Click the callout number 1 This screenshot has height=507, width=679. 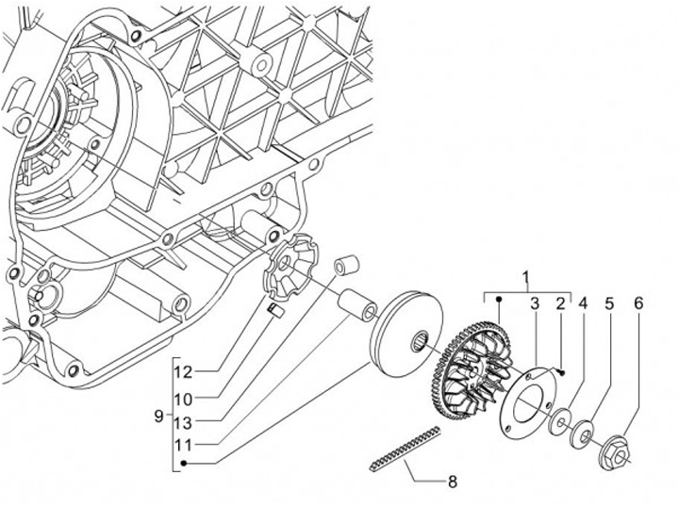pos(526,278)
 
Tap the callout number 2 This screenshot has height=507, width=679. pos(560,303)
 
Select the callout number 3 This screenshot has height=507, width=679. pos(535,303)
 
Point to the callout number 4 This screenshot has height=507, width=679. pos(583,303)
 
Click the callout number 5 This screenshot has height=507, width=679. pos(609,303)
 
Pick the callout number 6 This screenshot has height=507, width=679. pos(638,303)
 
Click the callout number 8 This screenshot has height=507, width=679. pos(453,482)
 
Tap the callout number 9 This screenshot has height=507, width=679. pos(159,417)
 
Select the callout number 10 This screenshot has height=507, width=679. pos(183,399)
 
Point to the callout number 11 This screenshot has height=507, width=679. pos(183,444)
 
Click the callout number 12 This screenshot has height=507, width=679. pos(183,372)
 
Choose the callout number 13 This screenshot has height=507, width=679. pos(183,423)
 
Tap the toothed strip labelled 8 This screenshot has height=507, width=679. pos(406,449)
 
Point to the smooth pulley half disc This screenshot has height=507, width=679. pos(406,334)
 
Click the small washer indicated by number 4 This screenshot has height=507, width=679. pos(560,419)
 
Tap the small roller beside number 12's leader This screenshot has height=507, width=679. pos(275,310)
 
